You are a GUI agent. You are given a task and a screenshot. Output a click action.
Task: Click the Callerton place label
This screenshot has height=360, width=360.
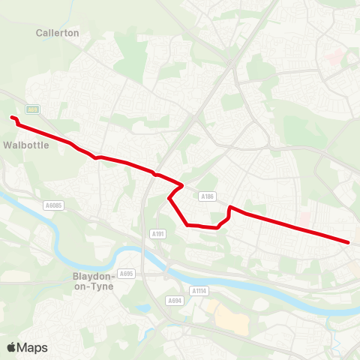pos(57,33)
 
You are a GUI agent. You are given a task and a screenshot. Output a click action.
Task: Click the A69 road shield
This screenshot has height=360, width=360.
pos(32,109)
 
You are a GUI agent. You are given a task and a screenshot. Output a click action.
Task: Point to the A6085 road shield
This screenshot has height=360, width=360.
pos(53,203)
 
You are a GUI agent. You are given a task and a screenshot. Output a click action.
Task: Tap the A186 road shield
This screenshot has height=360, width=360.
pos(208,196)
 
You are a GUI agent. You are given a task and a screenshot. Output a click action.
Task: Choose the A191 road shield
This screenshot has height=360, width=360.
pos(157,233)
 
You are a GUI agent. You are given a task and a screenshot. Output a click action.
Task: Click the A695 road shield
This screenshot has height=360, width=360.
pos(126,274)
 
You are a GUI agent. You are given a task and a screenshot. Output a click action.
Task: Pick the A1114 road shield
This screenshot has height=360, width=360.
pos(198,291)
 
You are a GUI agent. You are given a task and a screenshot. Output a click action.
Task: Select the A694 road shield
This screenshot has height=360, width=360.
pos(175,301)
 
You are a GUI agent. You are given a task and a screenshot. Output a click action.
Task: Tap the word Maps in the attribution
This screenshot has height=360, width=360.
pos(34,347)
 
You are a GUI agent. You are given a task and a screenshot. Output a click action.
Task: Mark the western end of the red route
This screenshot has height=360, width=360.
pos(12,117)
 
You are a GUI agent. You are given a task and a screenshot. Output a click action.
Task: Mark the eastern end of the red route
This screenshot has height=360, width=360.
pos(349,242)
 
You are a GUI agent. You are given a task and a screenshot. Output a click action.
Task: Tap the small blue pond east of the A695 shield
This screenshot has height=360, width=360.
pos(142,307)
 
